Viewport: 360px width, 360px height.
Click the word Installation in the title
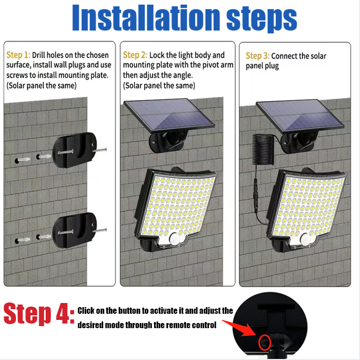tap(146, 17)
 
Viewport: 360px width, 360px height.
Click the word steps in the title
tap(261, 20)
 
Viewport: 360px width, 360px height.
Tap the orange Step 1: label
tap(18, 55)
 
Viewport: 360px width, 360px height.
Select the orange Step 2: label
tap(135, 55)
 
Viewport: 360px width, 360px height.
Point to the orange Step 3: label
tap(257, 56)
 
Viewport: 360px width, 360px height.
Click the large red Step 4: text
tap(39, 314)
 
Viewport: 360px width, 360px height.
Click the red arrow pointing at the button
tap(240, 328)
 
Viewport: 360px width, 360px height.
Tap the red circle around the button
tap(264, 343)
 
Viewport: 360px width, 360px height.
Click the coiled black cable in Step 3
tap(263, 149)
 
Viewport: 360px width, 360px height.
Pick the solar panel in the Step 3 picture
tap(300, 117)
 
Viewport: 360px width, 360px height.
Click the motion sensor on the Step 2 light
tap(175, 239)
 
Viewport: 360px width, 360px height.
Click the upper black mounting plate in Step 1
tap(74, 150)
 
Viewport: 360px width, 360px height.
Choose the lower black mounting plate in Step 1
tap(74, 230)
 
